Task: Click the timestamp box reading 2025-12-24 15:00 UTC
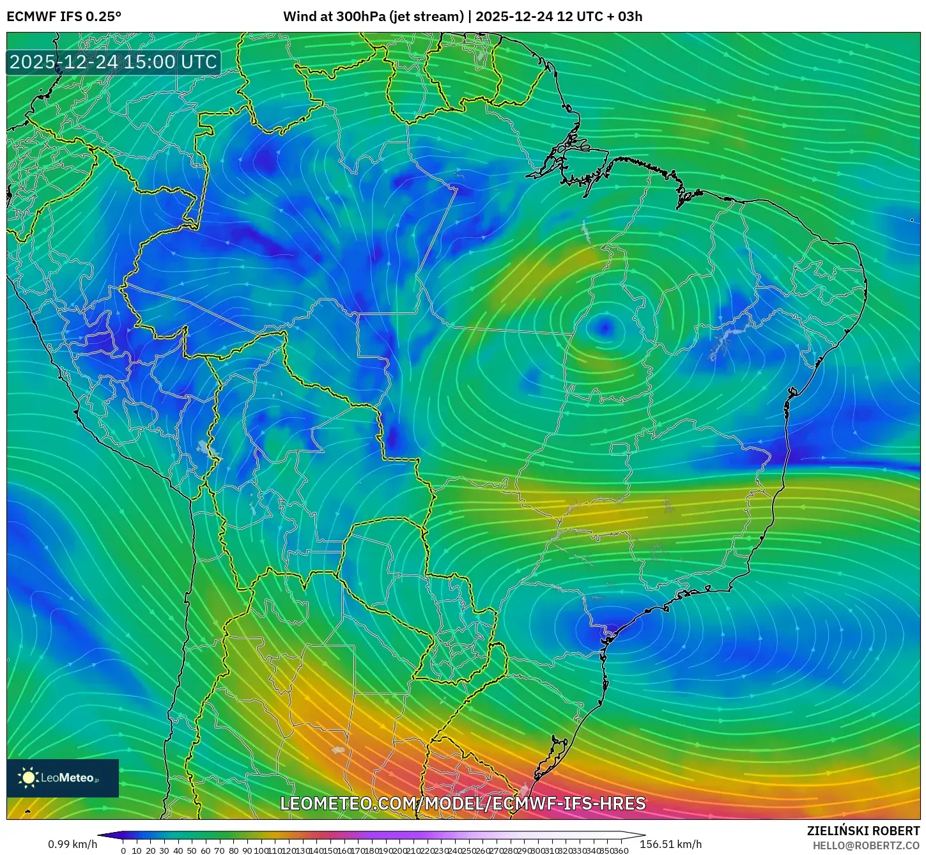[x=113, y=62]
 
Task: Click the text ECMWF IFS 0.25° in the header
[x=64, y=17]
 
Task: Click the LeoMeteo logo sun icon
[x=28, y=778]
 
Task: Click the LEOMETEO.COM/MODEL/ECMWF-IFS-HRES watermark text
[x=463, y=803]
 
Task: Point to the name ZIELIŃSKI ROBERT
[x=863, y=831]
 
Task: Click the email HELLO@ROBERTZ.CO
[x=866, y=845]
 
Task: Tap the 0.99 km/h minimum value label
[x=72, y=844]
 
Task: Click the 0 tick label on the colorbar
[x=123, y=851]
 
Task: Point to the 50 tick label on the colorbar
[x=192, y=851]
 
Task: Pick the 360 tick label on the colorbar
[x=621, y=851]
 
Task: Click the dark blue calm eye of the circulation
[x=604, y=328]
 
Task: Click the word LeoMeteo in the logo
[x=67, y=778]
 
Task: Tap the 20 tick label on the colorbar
[x=150, y=851]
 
